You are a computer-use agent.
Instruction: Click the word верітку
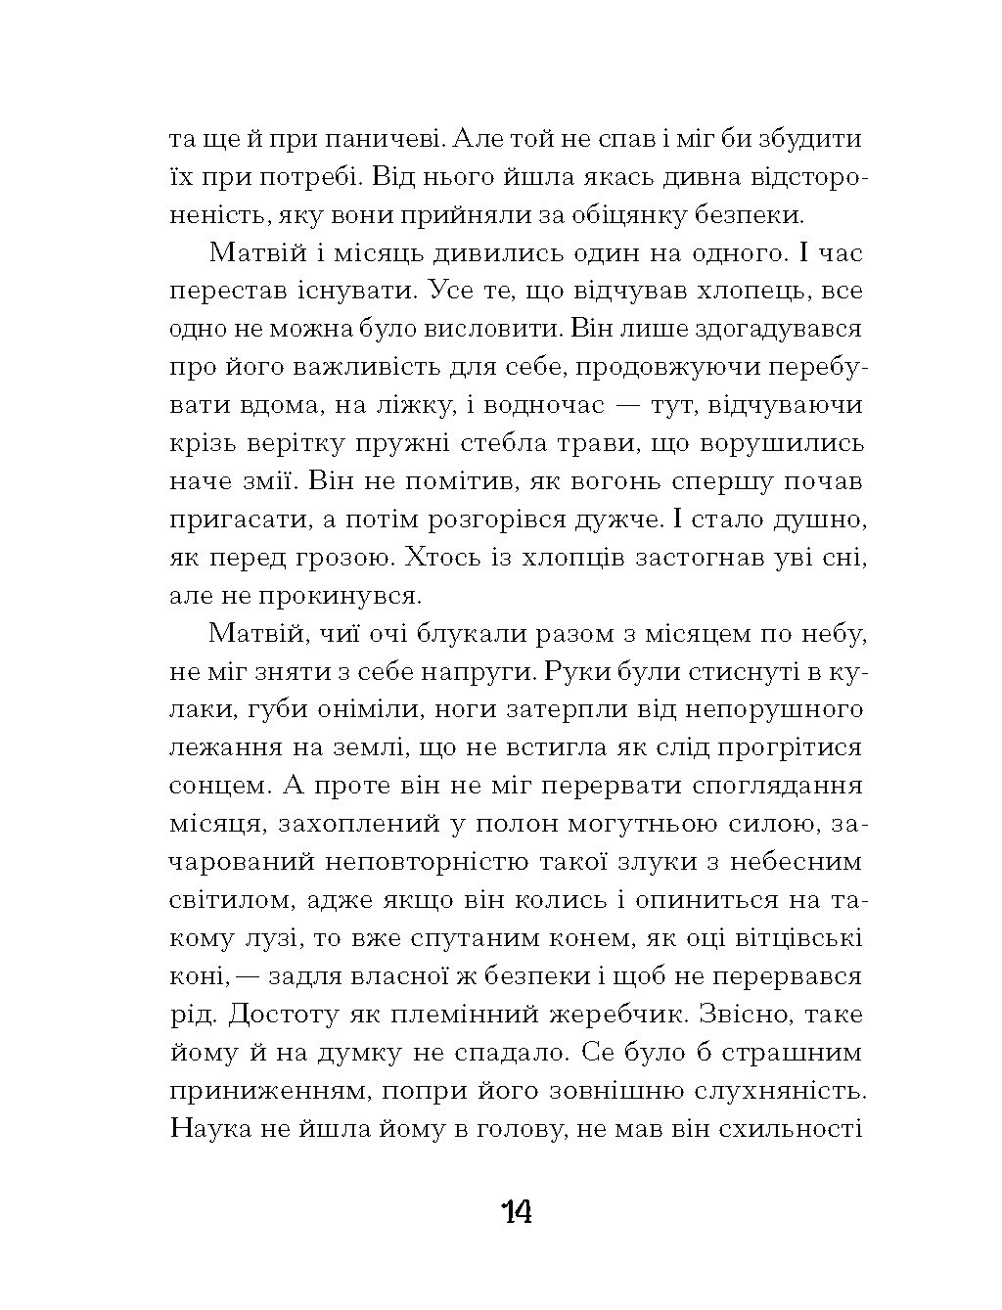click(313, 442)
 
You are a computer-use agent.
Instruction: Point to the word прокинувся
click(341, 594)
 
